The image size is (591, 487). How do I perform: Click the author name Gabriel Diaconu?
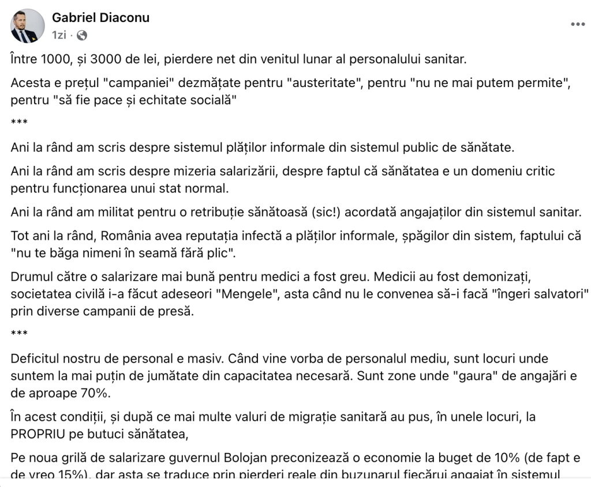point(101,18)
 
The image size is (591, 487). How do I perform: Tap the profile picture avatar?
point(27,26)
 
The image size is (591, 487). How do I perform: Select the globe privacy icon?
point(82,35)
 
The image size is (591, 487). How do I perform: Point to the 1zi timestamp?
point(59,35)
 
